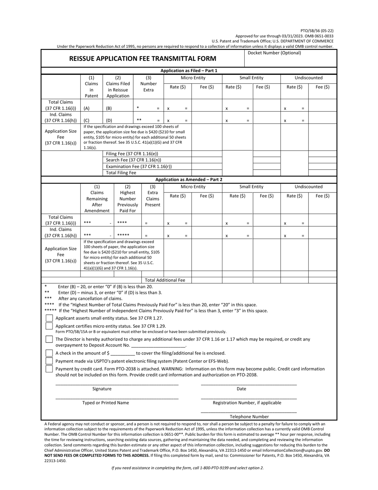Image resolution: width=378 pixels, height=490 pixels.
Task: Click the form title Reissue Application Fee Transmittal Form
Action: click(x=143, y=59)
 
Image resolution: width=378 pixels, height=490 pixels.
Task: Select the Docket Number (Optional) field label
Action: click(x=274, y=53)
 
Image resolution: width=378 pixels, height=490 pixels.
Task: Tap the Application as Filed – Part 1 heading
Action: click(x=189, y=71)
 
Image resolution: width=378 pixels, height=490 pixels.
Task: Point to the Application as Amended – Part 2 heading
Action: click(x=189, y=179)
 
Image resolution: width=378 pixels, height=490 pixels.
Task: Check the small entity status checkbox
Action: click(x=49, y=318)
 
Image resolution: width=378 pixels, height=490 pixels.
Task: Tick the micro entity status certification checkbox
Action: click(x=49, y=326)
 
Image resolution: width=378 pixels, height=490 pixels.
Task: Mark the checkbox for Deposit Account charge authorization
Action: click(x=49, y=339)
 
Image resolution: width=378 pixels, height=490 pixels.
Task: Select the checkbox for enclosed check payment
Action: click(x=49, y=353)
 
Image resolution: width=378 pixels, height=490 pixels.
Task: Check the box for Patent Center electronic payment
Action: click(x=49, y=361)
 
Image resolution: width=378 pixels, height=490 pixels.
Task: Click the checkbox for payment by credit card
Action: click(x=49, y=369)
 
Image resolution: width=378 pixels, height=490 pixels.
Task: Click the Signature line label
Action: click(x=102, y=389)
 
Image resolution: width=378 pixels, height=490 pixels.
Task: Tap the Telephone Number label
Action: click(x=249, y=416)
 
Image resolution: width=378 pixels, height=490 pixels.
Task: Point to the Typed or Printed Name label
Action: click(x=105, y=403)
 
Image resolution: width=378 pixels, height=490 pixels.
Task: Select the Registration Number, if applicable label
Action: click(x=247, y=403)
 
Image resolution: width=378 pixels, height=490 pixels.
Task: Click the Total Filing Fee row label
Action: click(x=121, y=172)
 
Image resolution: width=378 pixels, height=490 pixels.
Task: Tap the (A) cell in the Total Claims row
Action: click(x=86, y=108)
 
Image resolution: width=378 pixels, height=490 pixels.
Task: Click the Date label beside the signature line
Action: click(x=242, y=389)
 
